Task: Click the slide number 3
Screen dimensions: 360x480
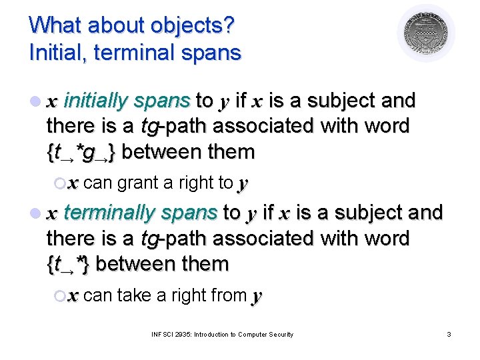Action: [449, 334]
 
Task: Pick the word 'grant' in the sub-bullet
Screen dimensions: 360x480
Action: [137, 182]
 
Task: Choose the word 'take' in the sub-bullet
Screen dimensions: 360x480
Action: [133, 294]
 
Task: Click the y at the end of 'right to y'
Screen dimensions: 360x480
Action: [243, 183]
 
